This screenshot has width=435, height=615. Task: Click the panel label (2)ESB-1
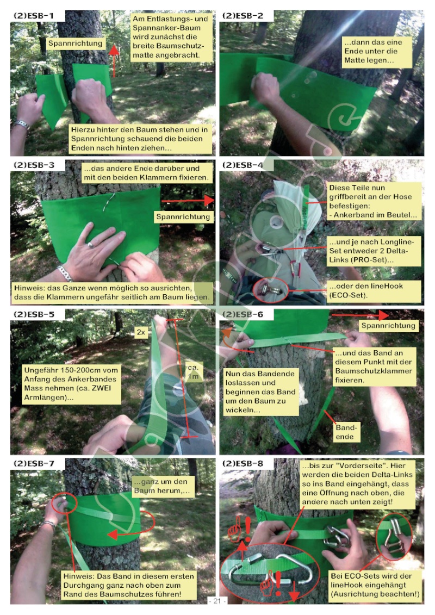click(x=34, y=16)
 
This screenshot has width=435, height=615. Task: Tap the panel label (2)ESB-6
click(x=243, y=314)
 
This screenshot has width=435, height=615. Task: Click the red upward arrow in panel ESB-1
click(x=114, y=61)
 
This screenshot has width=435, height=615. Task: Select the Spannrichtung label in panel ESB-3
click(x=183, y=217)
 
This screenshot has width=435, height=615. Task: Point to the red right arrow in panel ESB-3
click(x=188, y=201)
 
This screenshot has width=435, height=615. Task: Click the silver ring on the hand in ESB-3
click(x=91, y=245)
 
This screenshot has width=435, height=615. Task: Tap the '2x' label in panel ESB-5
click(x=141, y=332)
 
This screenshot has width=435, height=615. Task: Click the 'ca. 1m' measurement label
click(x=193, y=372)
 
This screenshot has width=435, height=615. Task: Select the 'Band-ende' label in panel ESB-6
click(x=346, y=432)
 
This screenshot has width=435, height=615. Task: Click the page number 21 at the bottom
click(x=217, y=601)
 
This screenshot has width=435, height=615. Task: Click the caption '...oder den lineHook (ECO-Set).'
click(x=374, y=290)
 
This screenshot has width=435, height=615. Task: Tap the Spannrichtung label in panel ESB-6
click(x=388, y=326)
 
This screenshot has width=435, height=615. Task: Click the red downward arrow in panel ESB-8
click(x=294, y=591)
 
